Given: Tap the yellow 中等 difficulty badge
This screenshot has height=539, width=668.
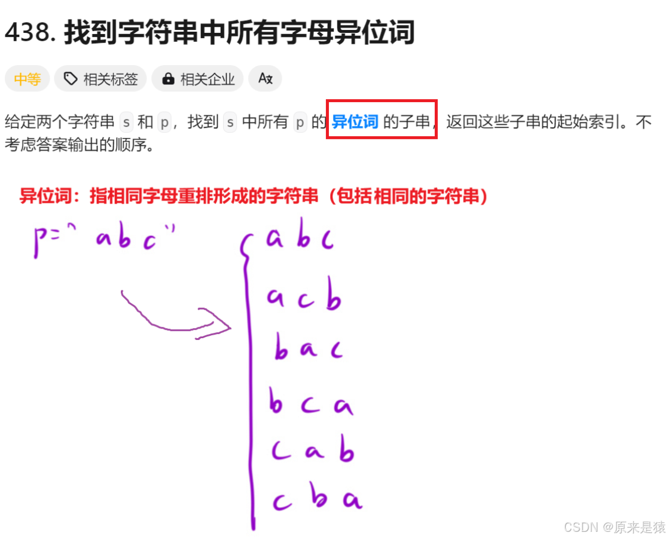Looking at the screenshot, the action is pos(27,79).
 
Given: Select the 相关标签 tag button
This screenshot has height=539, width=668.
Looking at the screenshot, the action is pos(100,79).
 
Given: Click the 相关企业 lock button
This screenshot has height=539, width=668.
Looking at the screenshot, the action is pos(197,79).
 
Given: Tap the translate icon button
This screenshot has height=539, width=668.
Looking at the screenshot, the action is pos(265,79).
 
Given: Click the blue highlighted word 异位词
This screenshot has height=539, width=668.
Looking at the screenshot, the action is pos(355,122).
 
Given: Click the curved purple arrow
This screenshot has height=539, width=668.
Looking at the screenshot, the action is pos(173,317).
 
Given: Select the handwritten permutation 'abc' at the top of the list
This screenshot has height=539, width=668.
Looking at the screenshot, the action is pos(301,239).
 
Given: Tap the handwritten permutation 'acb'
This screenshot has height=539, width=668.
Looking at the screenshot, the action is pos(304,299).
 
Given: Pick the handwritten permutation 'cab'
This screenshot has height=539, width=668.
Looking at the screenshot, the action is pos(312,452).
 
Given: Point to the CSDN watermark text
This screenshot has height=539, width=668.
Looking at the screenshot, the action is pos(614,526).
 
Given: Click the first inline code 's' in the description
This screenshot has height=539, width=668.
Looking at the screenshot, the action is pos(126,122).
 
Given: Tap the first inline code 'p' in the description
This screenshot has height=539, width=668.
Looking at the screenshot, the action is pos(164,122).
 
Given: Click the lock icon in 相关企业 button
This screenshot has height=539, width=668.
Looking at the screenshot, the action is pos(168,79).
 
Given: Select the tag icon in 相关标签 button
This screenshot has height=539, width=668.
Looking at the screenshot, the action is pos(71,79).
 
